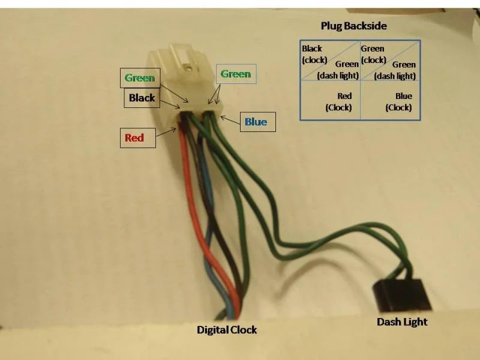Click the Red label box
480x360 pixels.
coord(138,138)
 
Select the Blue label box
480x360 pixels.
coord(258,122)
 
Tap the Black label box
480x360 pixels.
coord(142,98)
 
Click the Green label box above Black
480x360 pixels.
coord(140,78)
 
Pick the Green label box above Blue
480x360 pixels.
coord(236,74)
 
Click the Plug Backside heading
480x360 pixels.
coord(353,26)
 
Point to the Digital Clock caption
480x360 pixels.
coord(227,329)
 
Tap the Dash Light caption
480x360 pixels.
coord(402,322)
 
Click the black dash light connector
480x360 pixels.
coord(401,295)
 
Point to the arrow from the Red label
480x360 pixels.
coord(166,132)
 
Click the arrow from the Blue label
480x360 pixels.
coord(230,120)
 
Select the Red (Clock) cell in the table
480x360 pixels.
coord(331,100)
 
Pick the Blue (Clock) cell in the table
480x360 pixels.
coord(391,100)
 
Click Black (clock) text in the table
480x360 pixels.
coord(314,54)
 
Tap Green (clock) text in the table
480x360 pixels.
coord(373,54)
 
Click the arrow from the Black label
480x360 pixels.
coord(170,104)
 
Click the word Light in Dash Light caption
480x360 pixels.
coord(415,322)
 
